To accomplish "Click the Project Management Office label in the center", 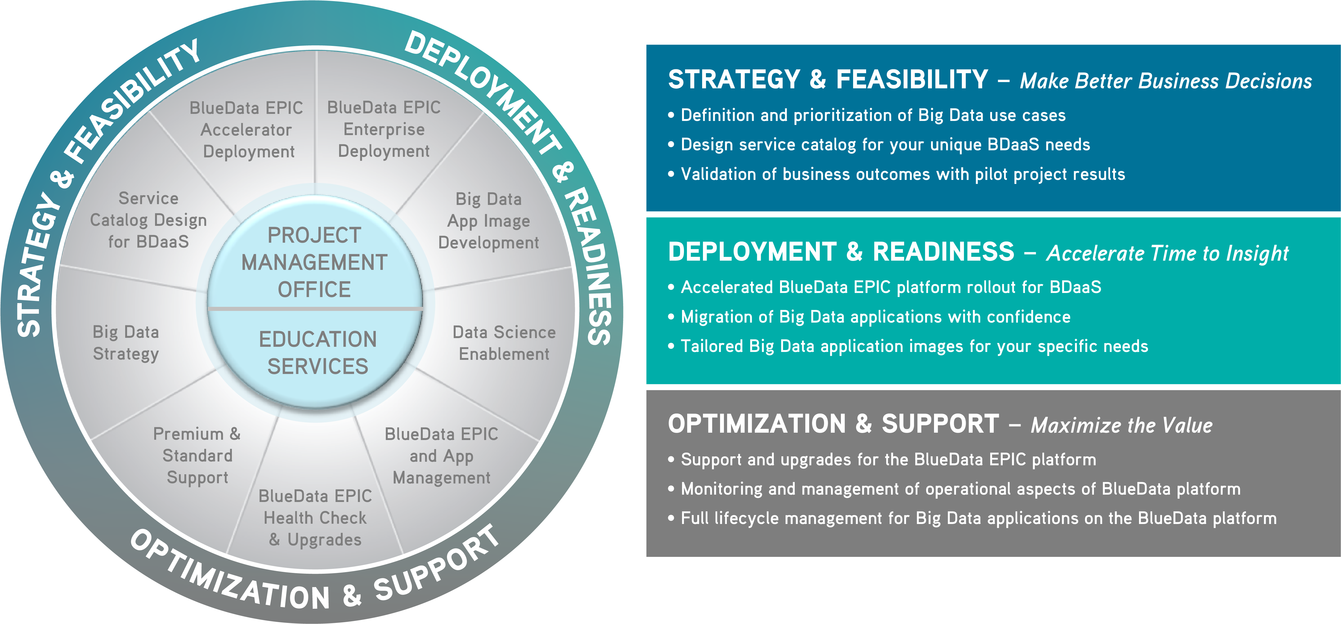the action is (x=314, y=262).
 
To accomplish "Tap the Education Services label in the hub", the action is (x=318, y=352).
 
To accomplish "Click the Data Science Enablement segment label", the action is (x=504, y=343).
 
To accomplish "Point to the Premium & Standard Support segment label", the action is (x=197, y=455).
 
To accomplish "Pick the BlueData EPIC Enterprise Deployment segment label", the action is (x=384, y=129).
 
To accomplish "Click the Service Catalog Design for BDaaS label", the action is (x=148, y=220).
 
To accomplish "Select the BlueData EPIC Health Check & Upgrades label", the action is (x=315, y=518).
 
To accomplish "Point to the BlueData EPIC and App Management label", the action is (x=441, y=456).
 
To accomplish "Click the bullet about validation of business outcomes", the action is (x=897, y=174).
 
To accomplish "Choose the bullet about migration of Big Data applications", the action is (x=869, y=317).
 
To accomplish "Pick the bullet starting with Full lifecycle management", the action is (x=973, y=518).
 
